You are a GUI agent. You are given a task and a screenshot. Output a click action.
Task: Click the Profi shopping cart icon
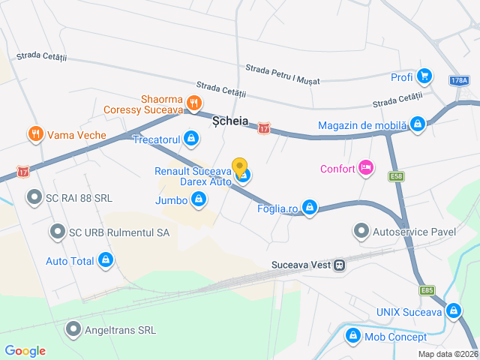(x=424, y=76)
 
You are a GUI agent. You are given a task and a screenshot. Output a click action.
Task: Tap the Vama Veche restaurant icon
(x=34, y=135)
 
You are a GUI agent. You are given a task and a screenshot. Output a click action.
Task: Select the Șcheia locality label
(x=230, y=121)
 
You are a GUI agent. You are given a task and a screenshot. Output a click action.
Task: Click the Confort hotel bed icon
(x=366, y=168)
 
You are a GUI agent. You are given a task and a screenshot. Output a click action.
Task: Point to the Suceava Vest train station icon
(x=340, y=264)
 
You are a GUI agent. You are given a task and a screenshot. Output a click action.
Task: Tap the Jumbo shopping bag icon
(x=199, y=199)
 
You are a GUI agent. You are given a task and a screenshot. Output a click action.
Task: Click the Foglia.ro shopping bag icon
(x=309, y=208)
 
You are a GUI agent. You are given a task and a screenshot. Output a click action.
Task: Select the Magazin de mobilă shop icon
(x=417, y=124)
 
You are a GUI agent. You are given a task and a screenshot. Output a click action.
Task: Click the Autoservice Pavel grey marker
(x=361, y=231)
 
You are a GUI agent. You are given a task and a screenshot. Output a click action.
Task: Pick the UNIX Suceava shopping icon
(x=453, y=311)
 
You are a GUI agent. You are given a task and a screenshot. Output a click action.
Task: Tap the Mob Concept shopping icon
(x=353, y=337)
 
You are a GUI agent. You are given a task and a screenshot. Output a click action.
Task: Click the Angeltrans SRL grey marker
(x=73, y=328)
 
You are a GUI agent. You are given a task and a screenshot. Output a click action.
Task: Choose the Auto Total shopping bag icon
(x=106, y=261)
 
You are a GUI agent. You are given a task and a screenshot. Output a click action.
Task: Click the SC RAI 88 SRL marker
(x=34, y=198)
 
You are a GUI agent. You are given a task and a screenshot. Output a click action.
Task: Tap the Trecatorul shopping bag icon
(x=192, y=139)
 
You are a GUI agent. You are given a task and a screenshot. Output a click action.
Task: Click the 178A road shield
(x=459, y=80)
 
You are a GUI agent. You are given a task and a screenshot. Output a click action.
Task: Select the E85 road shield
(x=427, y=290)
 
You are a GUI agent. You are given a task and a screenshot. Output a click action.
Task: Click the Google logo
(x=25, y=350)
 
